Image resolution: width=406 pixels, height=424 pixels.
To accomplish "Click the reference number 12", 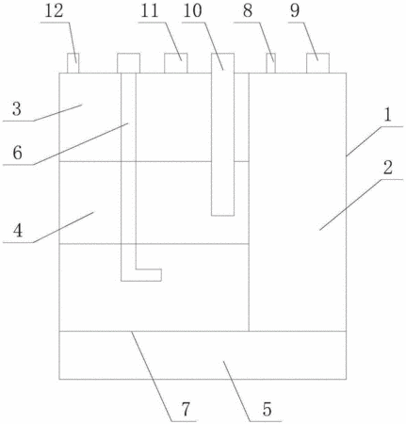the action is pyautogui.click(x=55, y=10).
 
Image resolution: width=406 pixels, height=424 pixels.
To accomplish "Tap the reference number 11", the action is pyautogui.click(x=150, y=10).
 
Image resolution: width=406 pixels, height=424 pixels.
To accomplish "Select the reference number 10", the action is pyautogui.click(x=192, y=10).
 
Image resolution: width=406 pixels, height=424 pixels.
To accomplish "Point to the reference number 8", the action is pyautogui.click(x=248, y=10).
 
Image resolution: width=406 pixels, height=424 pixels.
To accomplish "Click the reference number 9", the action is pyautogui.click(x=295, y=10).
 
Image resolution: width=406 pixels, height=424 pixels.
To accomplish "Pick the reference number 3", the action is pyautogui.click(x=17, y=109).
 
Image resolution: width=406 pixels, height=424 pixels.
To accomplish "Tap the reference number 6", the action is pyautogui.click(x=18, y=153).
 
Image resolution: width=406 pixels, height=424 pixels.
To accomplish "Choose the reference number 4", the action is pyautogui.click(x=18, y=231).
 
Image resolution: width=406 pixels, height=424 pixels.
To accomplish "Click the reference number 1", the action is pyautogui.click(x=388, y=115).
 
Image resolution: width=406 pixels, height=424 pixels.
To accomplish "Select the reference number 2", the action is pyautogui.click(x=388, y=168).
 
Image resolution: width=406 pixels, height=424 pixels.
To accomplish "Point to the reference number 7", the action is pyautogui.click(x=186, y=409).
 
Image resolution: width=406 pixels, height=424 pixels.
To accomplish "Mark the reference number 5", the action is pyautogui.click(x=267, y=409).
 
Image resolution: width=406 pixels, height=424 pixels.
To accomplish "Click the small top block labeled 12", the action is pyautogui.click(x=73, y=63).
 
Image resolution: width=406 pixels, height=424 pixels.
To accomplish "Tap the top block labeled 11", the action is pyautogui.click(x=176, y=63).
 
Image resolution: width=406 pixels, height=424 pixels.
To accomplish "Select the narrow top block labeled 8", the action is pyautogui.click(x=271, y=63).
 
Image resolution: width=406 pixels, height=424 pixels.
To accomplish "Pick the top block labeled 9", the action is pyautogui.click(x=317, y=63).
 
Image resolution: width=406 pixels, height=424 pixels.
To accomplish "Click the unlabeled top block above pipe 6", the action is pyautogui.click(x=128, y=63).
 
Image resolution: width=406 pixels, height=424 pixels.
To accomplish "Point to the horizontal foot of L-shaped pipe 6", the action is pyautogui.click(x=141, y=275).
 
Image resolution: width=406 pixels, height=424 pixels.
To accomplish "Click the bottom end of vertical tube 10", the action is pyautogui.click(x=222, y=216).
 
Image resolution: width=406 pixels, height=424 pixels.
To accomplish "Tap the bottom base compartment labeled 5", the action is pyautogui.click(x=203, y=355).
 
